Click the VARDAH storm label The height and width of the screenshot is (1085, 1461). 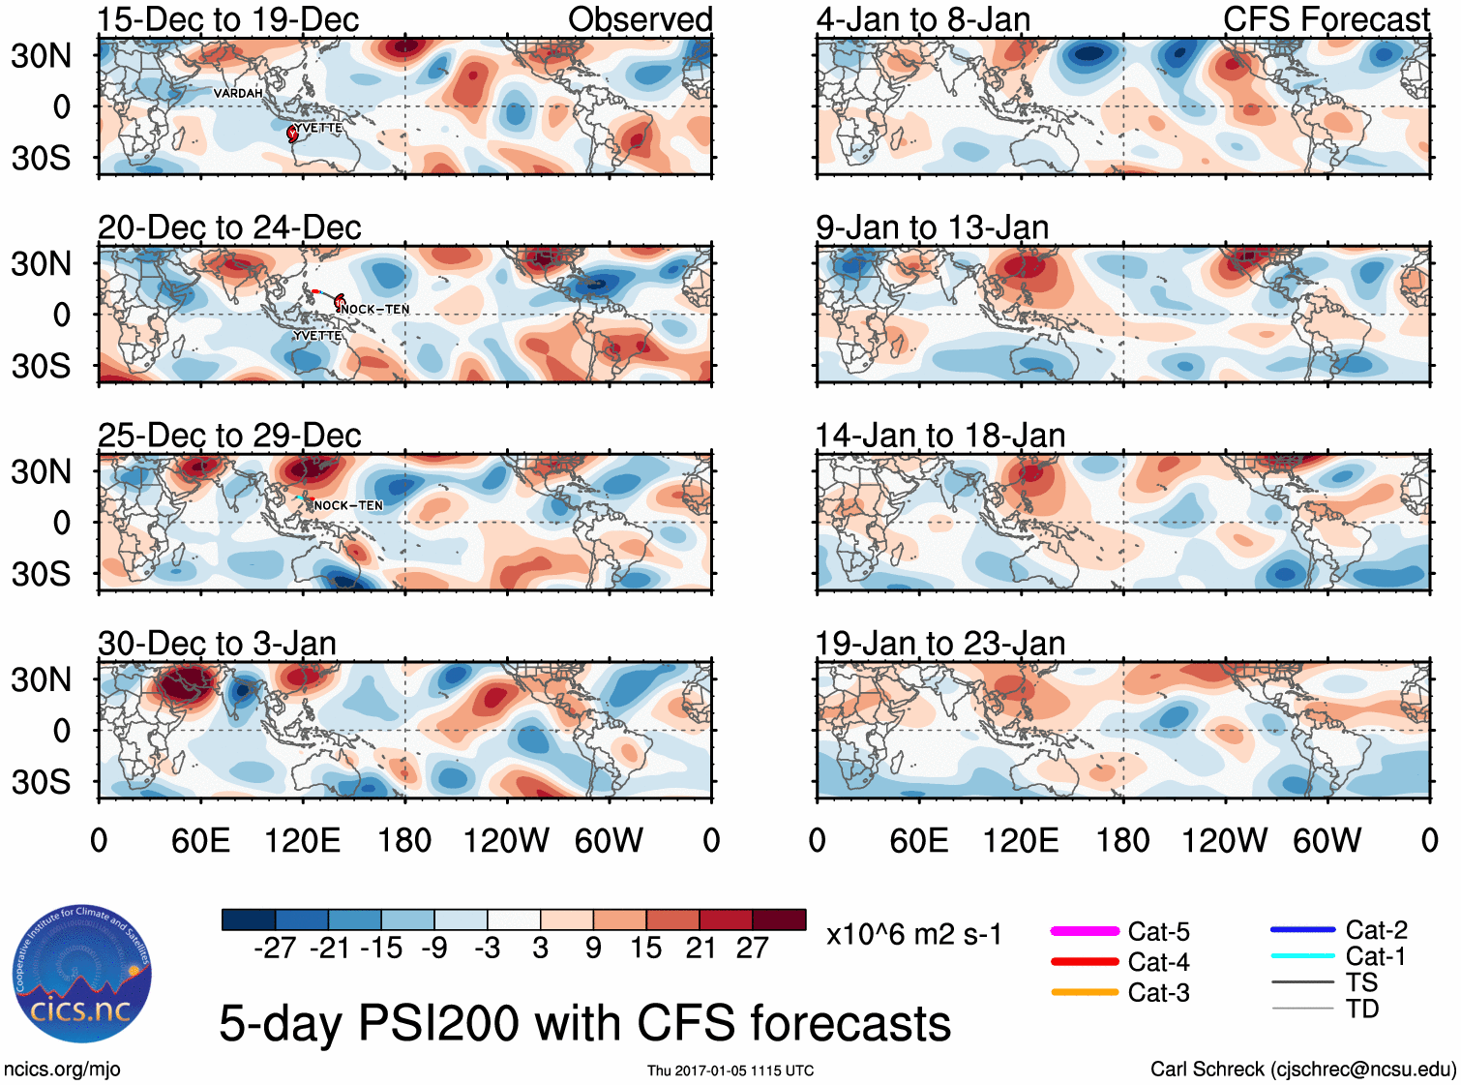[238, 93]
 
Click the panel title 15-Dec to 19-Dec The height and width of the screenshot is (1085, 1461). [228, 19]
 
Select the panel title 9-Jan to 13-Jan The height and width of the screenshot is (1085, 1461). [932, 227]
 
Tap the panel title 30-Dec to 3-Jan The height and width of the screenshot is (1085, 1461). [217, 644]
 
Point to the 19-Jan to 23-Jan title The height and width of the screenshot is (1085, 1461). [939, 644]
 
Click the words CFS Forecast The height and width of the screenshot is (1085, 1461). [1326, 19]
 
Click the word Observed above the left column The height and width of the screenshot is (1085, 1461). [640, 19]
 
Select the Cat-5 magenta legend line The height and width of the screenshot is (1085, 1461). [1085, 931]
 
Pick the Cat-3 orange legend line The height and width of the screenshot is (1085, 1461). [1085, 992]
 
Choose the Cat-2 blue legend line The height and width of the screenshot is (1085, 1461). [1302, 930]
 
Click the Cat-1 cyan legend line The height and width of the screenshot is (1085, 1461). [1302, 956]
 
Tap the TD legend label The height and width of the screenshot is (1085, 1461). [1362, 1010]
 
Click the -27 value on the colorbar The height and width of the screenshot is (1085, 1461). [275, 949]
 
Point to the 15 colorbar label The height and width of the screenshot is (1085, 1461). [646, 949]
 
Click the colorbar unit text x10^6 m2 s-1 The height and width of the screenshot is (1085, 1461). [913, 935]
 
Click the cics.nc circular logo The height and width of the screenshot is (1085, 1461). [82, 974]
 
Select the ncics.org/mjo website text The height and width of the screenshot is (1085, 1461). [62, 1070]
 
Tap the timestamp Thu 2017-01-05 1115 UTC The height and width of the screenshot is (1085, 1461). [730, 1070]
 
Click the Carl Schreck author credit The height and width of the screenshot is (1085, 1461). [1302, 1070]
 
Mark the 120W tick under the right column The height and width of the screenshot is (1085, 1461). [1224, 840]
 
